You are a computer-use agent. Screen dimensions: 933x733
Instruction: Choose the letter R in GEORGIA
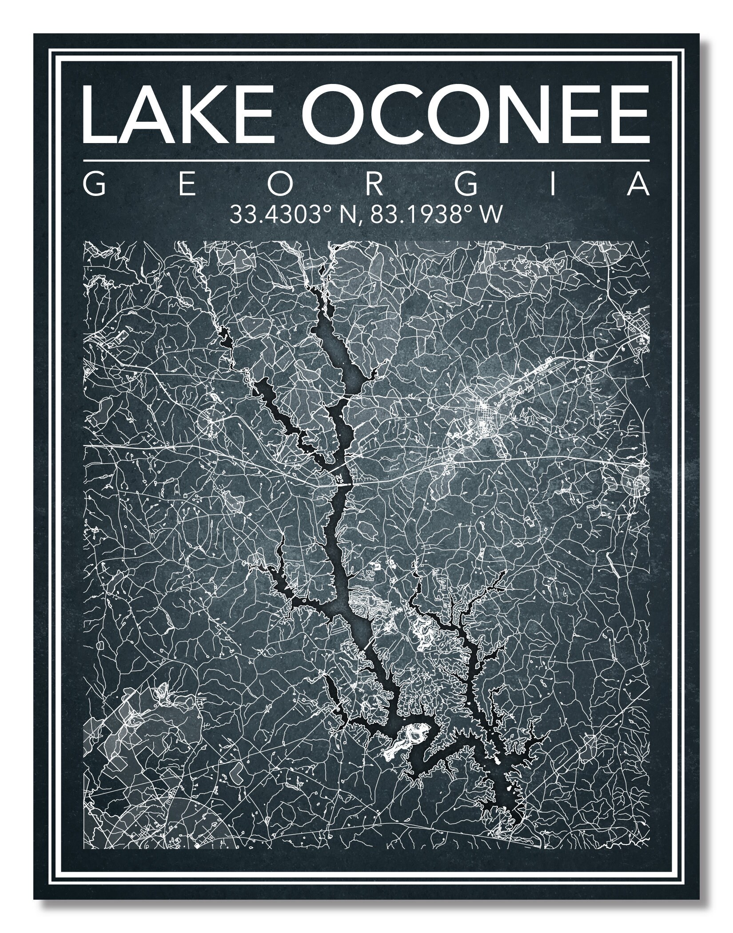(x=373, y=185)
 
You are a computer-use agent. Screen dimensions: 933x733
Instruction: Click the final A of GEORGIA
(x=638, y=185)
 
